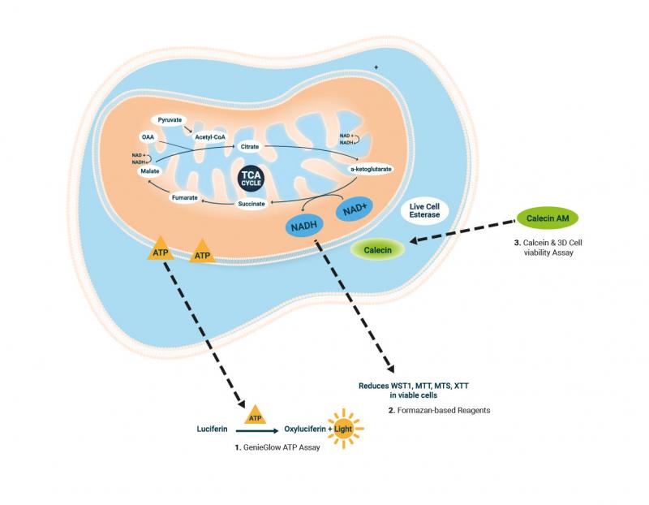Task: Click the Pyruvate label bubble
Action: point(170,120)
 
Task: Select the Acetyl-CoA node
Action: point(210,136)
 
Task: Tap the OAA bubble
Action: point(148,136)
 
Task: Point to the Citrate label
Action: point(250,147)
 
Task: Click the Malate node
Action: point(150,171)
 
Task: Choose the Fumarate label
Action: point(185,197)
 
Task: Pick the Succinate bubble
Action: point(251,204)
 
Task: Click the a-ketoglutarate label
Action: point(371,169)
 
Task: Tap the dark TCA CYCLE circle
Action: point(251,179)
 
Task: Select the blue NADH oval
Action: point(304,226)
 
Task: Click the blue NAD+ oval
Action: point(355,209)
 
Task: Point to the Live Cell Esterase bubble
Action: point(424,210)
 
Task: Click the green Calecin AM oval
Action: point(548,218)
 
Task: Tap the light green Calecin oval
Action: point(377,250)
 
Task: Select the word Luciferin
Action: point(212,429)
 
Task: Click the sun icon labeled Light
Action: point(343,429)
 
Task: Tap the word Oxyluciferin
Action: point(305,429)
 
